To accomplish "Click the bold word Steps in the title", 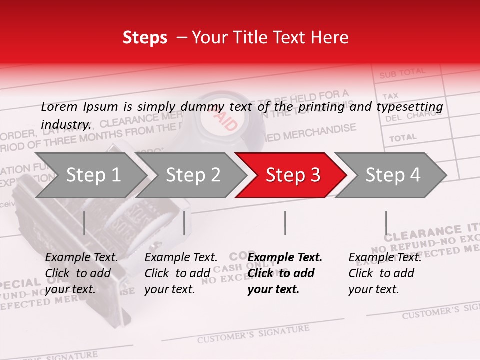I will click(145, 38).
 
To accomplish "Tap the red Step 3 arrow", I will click(290, 175).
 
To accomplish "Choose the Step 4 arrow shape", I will click(390, 175).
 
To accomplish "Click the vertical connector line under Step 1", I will click(84, 223).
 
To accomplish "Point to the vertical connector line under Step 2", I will click(184, 223).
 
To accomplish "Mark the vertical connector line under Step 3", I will click(285, 223).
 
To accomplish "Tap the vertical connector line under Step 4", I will click(386, 223).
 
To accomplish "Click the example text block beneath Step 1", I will click(81, 273).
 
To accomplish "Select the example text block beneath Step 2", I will click(181, 273).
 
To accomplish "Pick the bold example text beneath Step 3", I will click(285, 273).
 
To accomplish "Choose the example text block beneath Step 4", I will click(385, 273).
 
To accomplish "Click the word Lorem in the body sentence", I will click(59, 107).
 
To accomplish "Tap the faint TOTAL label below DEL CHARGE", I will click(403, 137).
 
